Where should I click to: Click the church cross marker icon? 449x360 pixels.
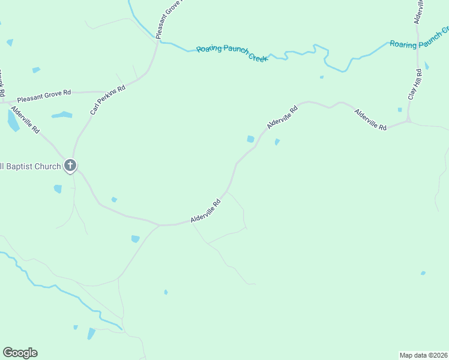click(x=70, y=166)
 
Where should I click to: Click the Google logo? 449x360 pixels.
click(x=20, y=353)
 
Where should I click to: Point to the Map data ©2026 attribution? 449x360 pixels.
click(x=423, y=355)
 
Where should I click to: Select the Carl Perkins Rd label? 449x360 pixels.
click(x=107, y=100)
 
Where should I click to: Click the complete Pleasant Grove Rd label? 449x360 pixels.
click(x=44, y=95)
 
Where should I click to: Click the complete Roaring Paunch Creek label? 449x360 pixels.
click(x=232, y=54)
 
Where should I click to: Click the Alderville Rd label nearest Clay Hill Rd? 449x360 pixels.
click(x=370, y=119)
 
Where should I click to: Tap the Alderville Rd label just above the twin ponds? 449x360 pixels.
click(x=282, y=118)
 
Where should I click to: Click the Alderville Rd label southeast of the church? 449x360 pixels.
click(x=206, y=212)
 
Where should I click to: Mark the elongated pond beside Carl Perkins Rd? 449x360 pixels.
click(x=61, y=115)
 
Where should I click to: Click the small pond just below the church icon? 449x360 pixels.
click(x=58, y=189)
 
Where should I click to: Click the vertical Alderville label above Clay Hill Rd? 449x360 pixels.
click(x=419, y=11)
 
